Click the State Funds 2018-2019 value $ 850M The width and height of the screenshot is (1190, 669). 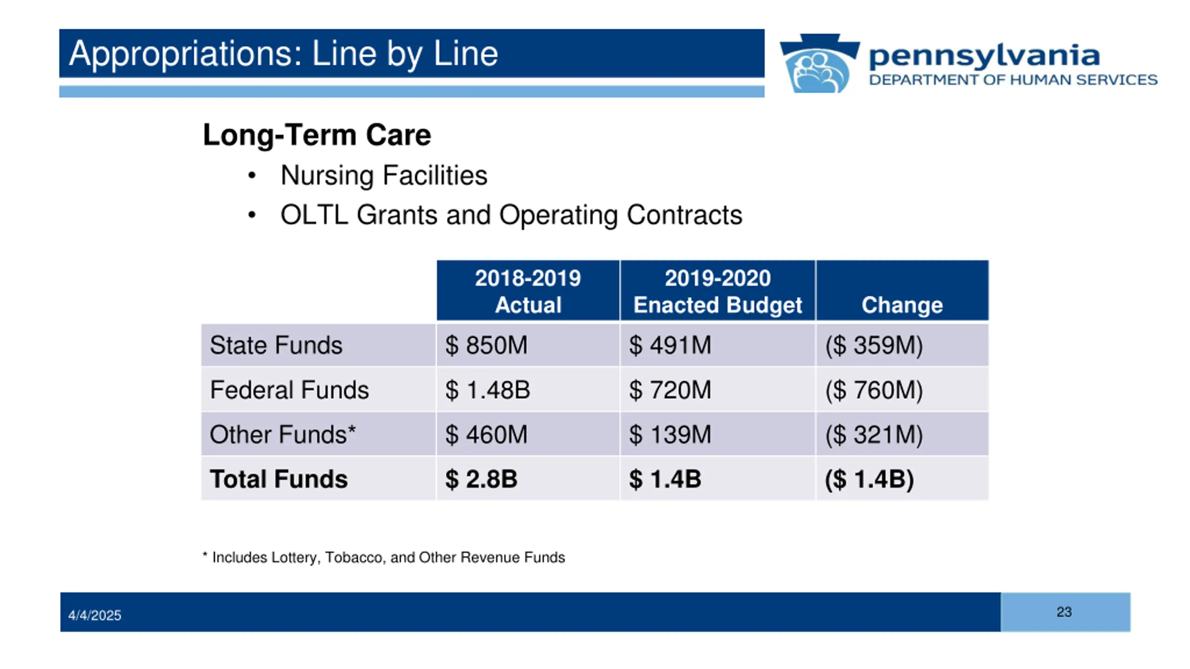click(x=486, y=345)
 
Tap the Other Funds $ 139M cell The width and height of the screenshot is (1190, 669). click(x=670, y=434)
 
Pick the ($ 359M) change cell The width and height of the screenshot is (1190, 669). click(x=874, y=345)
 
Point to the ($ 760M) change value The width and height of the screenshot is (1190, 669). click(x=874, y=390)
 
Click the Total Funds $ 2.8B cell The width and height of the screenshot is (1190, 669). click(x=481, y=479)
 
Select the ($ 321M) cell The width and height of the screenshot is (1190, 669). click(x=874, y=434)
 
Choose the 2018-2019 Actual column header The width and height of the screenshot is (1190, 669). click(x=528, y=291)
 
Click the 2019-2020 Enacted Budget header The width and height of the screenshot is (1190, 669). click(x=718, y=291)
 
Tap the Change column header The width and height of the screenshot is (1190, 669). click(x=902, y=305)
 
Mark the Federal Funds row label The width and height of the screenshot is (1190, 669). click(x=289, y=390)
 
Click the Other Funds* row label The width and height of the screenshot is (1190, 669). click(x=283, y=434)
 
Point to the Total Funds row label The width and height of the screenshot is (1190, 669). click(x=278, y=479)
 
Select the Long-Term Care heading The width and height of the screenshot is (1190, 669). click(x=317, y=135)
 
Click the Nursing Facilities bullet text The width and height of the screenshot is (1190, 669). click(x=384, y=176)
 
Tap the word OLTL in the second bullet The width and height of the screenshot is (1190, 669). click(x=314, y=215)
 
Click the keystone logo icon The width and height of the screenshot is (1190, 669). click(x=820, y=63)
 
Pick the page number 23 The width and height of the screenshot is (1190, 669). click(x=1064, y=612)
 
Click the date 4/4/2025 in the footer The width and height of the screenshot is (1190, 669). click(x=95, y=616)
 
